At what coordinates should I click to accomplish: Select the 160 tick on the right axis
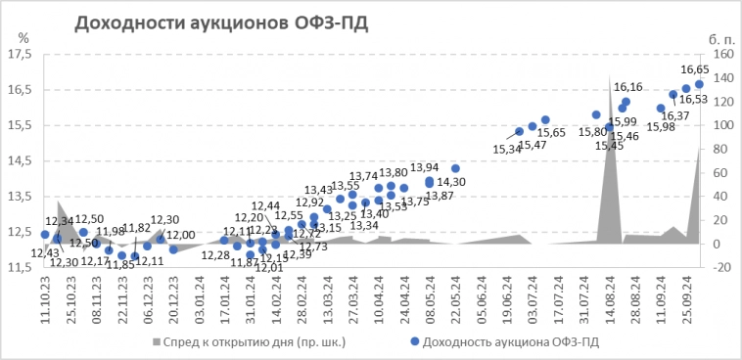coord(720,54)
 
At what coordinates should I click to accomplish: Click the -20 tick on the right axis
coord(720,267)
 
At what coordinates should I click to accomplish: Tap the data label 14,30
coord(451,182)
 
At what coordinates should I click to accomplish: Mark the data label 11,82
coord(138,228)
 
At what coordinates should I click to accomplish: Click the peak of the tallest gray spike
coord(610,78)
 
